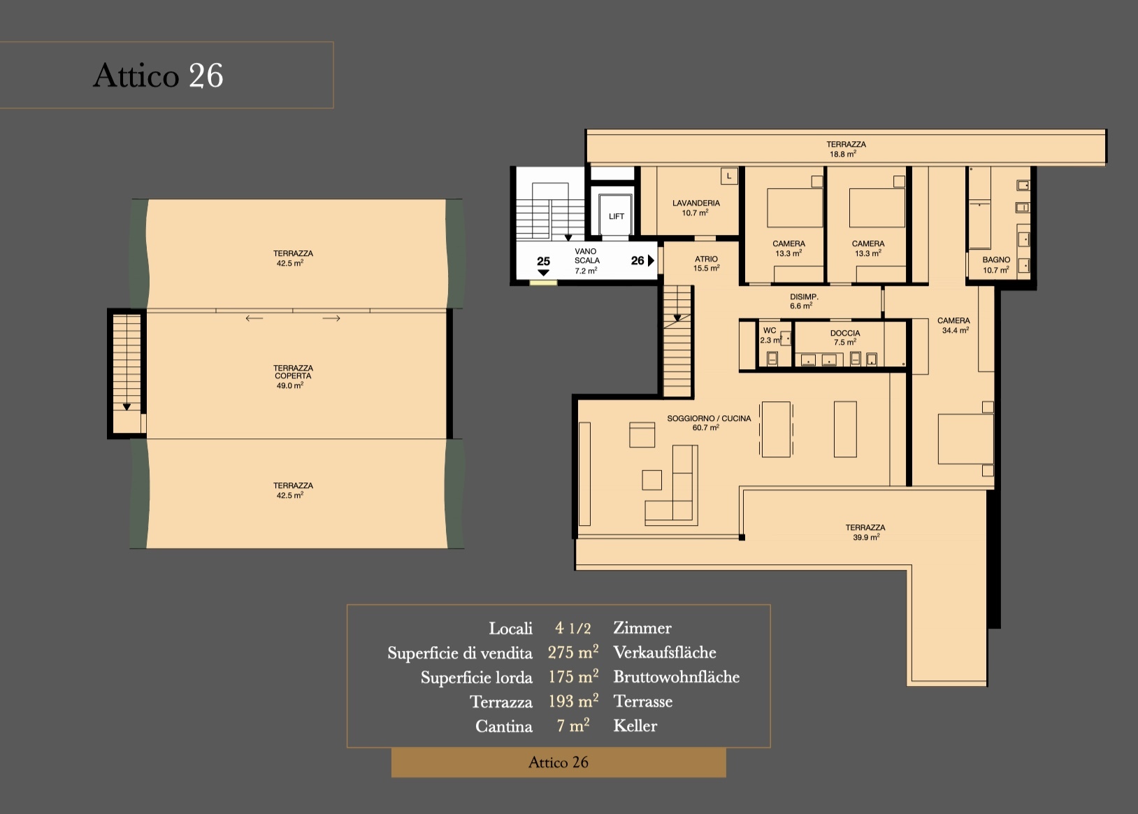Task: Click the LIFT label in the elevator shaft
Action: click(x=616, y=216)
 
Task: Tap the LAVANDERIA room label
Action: click(x=696, y=208)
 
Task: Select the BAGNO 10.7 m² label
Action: click(x=996, y=264)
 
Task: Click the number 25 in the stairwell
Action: click(x=543, y=261)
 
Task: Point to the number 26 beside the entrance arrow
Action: click(x=637, y=260)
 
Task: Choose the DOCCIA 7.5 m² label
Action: click(x=845, y=337)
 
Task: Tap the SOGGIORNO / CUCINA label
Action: click(x=708, y=422)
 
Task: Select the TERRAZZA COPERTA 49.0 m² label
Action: click(x=293, y=376)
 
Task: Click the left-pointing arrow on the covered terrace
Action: click(x=254, y=318)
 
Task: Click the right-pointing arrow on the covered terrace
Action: click(x=331, y=318)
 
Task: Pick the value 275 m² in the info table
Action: click(x=572, y=652)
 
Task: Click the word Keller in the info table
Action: click(x=635, y=726)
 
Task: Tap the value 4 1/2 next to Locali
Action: click(x=572, y=628)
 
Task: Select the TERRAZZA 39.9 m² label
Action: click(x=865, y=532)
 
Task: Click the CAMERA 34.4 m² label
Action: click(x=953, y=325)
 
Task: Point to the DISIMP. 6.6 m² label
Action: click(x=803, y=301)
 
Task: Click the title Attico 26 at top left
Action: click(x=158, y=76)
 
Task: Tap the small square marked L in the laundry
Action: click(x=728, y=176)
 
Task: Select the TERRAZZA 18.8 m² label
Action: click(x=846, y=149)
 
